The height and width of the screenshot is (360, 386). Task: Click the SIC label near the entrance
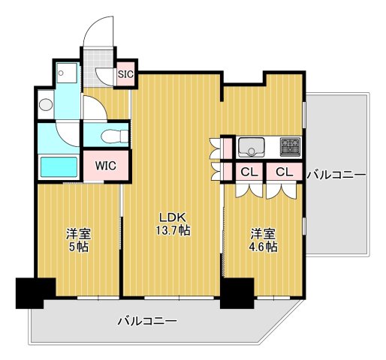coord(125,74)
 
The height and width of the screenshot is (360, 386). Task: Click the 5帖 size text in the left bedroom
coord(78,246)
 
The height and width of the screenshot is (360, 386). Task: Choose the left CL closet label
coord(248,172)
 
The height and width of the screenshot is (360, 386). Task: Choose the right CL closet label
coord(283,172)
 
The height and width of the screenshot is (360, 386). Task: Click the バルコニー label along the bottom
coord(147,322)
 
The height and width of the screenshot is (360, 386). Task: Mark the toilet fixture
coord(110,136)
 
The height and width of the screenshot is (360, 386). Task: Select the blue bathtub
coord(59,165)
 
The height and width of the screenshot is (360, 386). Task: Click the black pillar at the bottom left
coord(35,292)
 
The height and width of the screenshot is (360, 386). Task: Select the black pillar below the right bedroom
coord(237,293)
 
